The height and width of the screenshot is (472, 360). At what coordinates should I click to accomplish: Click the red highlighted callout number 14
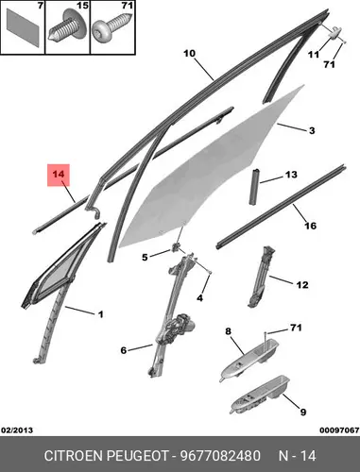pos(59,174)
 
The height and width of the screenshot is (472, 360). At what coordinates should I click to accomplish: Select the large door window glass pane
pos(208,170)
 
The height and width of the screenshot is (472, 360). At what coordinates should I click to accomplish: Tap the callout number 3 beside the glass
pos(312,130)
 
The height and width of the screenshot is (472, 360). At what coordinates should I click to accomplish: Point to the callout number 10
pos(189,54)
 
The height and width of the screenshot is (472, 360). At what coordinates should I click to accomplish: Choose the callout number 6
pos(124,350)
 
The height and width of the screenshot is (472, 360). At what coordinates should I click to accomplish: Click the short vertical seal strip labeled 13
pos(255,187)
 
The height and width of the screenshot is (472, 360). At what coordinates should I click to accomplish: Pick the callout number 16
pos(310,226)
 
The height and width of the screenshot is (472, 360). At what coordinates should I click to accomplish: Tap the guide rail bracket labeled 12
pos(262,277)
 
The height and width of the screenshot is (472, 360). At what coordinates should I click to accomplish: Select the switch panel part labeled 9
pos(260,395)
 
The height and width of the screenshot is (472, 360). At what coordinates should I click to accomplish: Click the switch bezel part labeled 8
pos(249,361)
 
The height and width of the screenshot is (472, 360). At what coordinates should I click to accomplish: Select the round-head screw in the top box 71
pos(111,30)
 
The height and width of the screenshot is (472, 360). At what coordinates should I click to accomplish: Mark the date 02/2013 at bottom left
pos(17,430)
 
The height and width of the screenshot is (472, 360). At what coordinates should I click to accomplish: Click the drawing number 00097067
pos(340,430)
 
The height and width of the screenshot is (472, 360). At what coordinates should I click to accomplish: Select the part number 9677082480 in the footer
pos(220,456)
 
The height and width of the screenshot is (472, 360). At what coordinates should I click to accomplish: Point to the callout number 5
pos(145,258)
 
